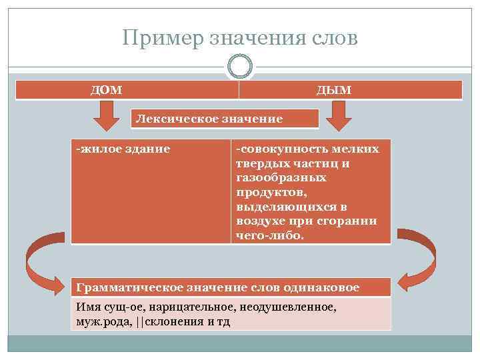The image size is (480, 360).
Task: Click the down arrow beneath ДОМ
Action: pyautogui.click(x=105, y=118)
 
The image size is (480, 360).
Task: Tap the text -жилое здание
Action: pyautogui.click(x=123, y=149)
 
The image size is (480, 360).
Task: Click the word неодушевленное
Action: pyautogui.click(x=291, y=308)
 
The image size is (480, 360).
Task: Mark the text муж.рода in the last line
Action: pyautogui.click(x=104, y=321)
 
